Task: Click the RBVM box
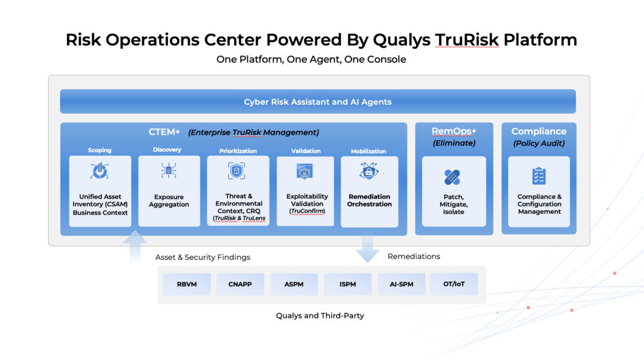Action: click(187, 284)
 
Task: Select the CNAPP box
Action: click(240, 284)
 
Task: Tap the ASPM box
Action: click(294, 284)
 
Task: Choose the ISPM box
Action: click(347, 284)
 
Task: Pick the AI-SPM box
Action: click(401, 284)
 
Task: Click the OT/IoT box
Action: click(454, 284)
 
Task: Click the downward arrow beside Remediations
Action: click(367, 246)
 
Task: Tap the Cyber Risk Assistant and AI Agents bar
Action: click(318, 102)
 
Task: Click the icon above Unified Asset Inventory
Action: click(99, 172)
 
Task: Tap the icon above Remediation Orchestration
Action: click(369, 172)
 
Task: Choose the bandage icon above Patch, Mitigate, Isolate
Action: click(453, 177)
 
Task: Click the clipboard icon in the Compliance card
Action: click(539, 176)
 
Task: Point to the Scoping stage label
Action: click(100, 151)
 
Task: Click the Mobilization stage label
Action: click(368, 151)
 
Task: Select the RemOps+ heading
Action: click(454, 131)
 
